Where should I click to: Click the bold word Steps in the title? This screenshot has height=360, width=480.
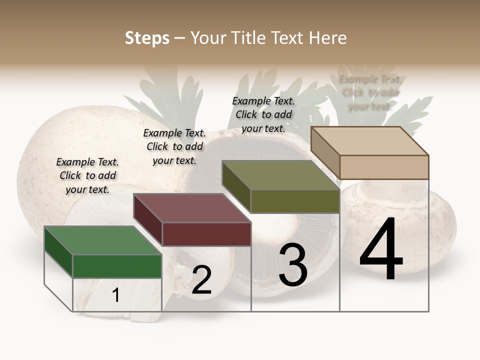(x=147, y=38)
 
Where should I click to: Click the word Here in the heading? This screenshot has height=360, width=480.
(x=328, y=38)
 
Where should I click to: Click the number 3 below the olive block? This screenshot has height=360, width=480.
(x=293, y=265)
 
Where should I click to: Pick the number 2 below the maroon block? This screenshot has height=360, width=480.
(x=201, y=280)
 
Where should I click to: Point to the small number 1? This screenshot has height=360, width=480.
(x=116, y=295)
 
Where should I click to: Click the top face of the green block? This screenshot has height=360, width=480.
(x=102, y=240)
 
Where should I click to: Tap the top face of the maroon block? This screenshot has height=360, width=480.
(x=192, y=208)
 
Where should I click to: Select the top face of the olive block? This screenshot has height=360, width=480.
(x=280, y=175)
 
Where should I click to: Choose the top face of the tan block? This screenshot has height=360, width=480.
(x=369, y=141)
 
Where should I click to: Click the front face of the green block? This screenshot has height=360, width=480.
(x=117, y=266)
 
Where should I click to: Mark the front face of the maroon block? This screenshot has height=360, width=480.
(x=206, y=234)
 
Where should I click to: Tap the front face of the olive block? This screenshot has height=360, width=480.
(x=295, y=201)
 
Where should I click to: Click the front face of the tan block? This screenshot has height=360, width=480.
(x=384, y=167)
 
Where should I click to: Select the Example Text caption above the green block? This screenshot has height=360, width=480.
(x=87, y=175)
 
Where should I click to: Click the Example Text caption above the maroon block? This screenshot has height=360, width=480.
(x=174, y=146)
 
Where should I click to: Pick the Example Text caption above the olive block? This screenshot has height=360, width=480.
(x=263, y=114)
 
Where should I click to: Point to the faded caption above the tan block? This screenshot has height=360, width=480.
(x=369, y=92)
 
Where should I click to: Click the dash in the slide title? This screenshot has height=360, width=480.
(x=180, y=38)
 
